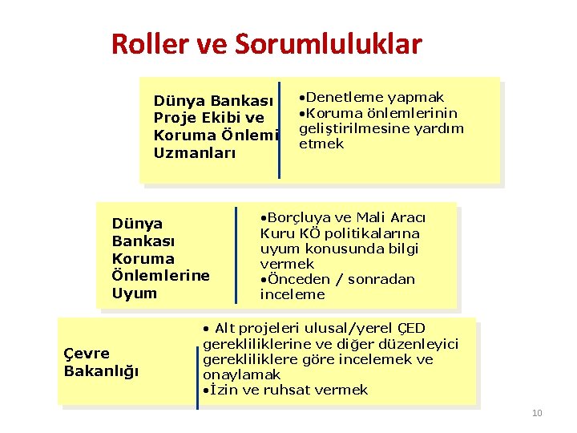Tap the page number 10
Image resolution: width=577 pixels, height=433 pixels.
537,413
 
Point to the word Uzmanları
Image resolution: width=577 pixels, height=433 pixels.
195,152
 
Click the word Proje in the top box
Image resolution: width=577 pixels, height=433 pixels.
176,118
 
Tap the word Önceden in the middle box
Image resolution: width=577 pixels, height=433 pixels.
297,279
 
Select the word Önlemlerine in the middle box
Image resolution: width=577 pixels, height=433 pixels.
161,275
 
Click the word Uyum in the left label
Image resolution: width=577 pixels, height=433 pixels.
135,293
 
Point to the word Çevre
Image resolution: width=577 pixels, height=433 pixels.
87,353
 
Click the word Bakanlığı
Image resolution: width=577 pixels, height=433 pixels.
101,370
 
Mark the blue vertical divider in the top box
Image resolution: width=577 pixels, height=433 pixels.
280,130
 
